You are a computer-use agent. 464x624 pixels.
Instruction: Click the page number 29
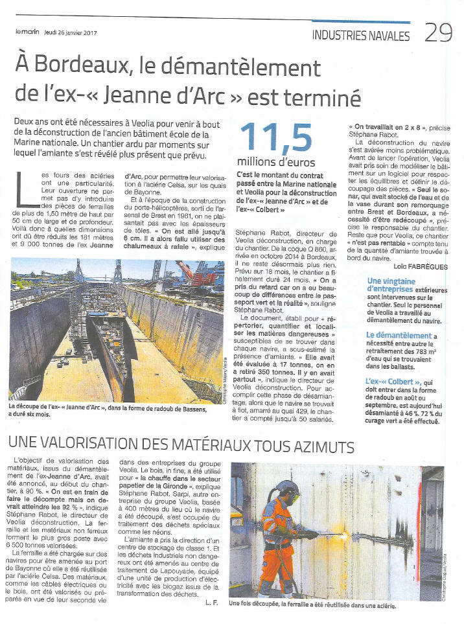(438, 33)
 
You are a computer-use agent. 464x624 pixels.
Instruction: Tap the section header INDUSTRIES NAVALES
(360, 36)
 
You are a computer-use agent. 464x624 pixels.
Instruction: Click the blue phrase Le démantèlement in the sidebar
(399, 335)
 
